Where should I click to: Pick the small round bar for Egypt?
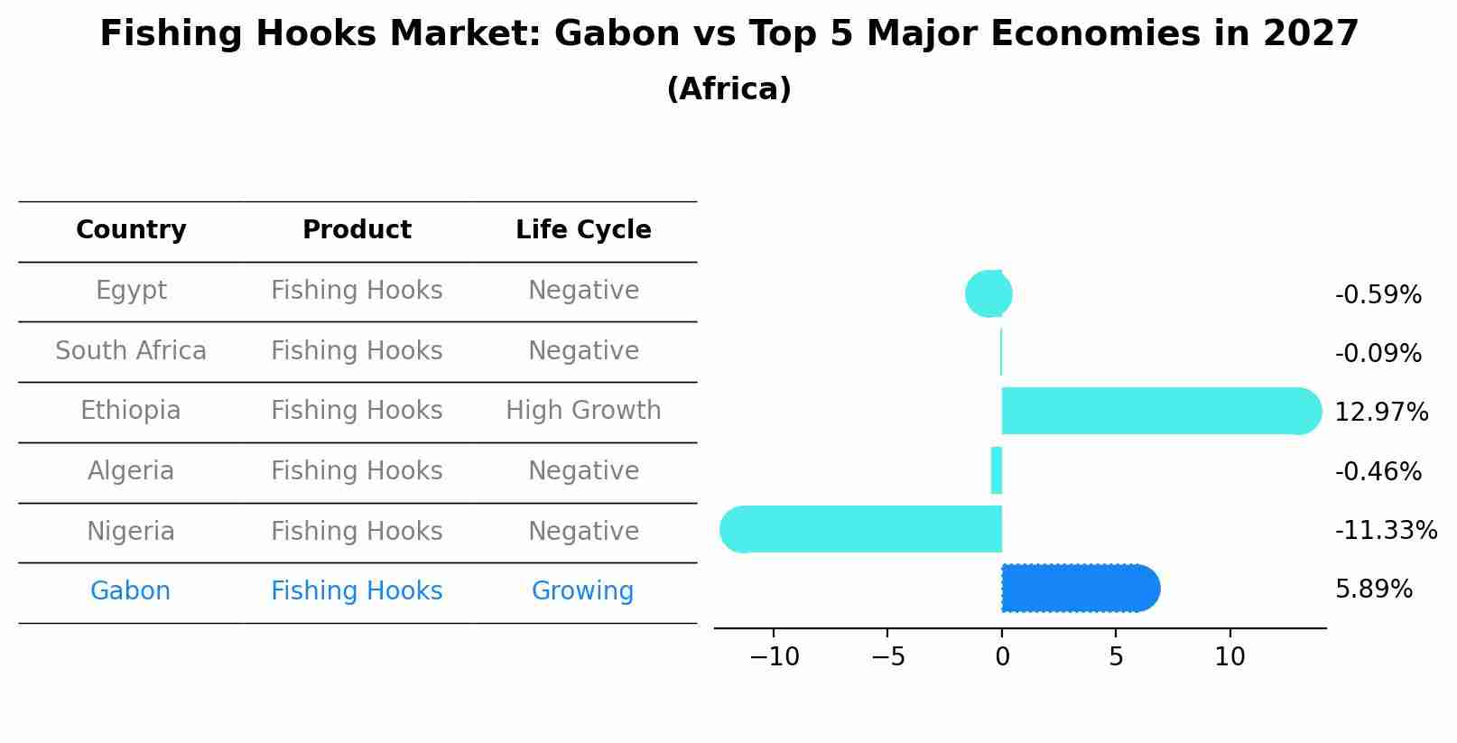[x=988, y=293]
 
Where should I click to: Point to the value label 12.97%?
[x=1380, y=413]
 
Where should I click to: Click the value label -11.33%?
[x=1385, y=531]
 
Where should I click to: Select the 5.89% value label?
[x=1373, y=590]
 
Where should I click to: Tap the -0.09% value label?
[x=1378, y=354]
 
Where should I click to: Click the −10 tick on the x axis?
[x=775, y=657]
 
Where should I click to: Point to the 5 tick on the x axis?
[x=1116, y=657]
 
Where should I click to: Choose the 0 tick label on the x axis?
[x=1002, y=657]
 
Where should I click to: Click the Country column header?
[x=131, y=230]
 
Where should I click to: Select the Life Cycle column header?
[x=583, y=230]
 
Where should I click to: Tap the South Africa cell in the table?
[x=131, y=351]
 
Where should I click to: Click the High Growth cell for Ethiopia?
[x=583, y=411]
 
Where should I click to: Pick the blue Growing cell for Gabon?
[x=582, y=591]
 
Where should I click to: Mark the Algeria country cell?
[x=131, y=471]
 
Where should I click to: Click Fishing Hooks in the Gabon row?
[x=357, y=591]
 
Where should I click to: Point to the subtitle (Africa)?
[x=728, y=89]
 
